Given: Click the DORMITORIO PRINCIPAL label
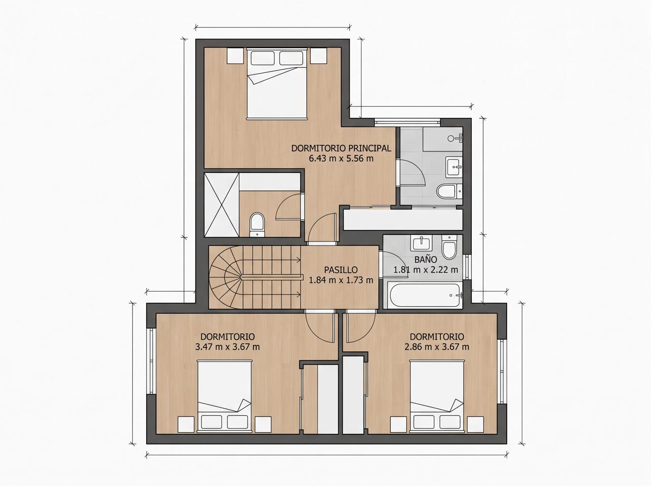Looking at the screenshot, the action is click(341, 148).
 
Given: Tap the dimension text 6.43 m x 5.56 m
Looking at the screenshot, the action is click(341, 158).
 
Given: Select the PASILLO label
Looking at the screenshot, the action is click(341, 270).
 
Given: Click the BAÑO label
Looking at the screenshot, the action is click(426, 260).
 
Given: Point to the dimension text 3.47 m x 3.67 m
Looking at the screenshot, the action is click(227, 347).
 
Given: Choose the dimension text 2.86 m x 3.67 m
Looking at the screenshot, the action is click(437, 347).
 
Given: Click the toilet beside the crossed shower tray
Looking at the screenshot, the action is click(257, 224).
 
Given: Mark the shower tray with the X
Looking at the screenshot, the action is click(222, 205).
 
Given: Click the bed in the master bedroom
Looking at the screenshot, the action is click(276, 84).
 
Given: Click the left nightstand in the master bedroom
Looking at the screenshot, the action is click(235, 56).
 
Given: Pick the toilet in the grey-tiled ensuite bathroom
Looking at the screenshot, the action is click(450, 191).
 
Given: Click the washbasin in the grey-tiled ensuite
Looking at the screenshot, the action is click(454, 167).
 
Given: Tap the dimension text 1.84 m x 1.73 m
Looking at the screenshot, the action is click(341, 280).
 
